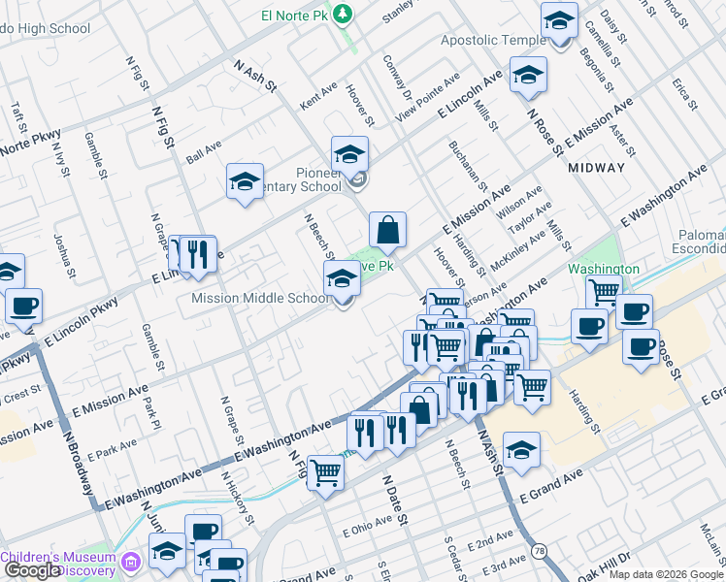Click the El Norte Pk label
coord(296,15)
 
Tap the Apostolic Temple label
coord(493,41)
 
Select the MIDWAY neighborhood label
coord(596,168)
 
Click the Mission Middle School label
coord(261,298)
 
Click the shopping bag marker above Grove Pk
coord(387,232)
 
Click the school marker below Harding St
coord(522,450)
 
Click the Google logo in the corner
coord(31,570)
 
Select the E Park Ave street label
coord(112,447)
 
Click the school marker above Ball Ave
coord(246,181)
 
